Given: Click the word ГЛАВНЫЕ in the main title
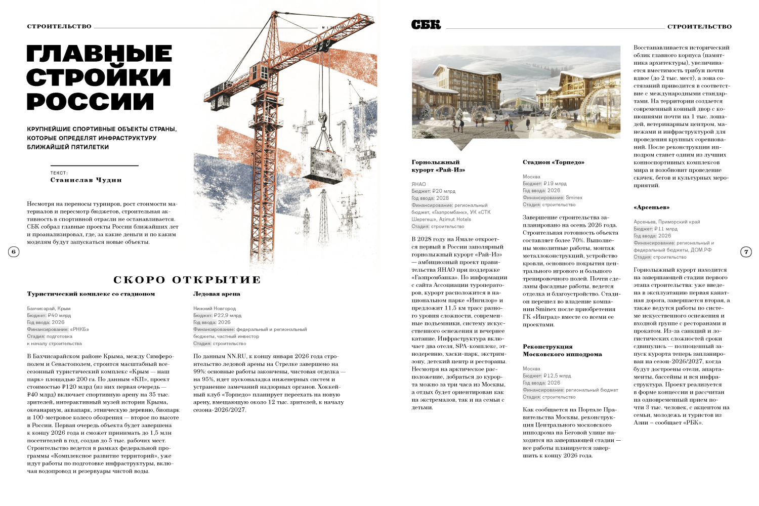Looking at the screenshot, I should pyautogui.click(x=99, y=54).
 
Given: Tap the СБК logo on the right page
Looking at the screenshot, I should pyautogui.click(x=426, y=25).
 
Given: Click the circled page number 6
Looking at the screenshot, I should pyautogui.click(x=14, y=251).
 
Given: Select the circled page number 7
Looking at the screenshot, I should pyautogui.click(x=746, y=251).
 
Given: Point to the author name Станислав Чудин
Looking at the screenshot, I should pyautogui.click(x=86, y=180).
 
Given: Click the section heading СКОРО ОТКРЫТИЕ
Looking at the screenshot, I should pyautogui.click(x=187, y=280).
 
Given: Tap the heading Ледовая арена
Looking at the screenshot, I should pyautogui.click(x=217, y=294).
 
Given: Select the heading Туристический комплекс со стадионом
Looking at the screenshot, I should pyautogui.click(x=91, y=294).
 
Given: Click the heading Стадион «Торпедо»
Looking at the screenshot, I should pyautogui.click(x=554, y=162).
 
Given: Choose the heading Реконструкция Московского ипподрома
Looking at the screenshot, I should pyautogui.click(x=562, y=351).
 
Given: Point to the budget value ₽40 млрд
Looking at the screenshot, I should pyautogui.click(x=59, y=315).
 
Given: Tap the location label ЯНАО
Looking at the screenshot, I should pyautogui.click(x=418, y=184).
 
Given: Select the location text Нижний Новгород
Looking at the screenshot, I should pyautogui.click(x=215, y=308).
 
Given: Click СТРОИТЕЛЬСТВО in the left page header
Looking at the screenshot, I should pyautogui.click(x=59, y=26).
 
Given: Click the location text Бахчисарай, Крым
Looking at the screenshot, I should pyautogui.click(x=49, y=308).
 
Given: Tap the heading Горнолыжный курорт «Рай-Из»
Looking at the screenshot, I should pyautogui.click(x=438, y=166).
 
